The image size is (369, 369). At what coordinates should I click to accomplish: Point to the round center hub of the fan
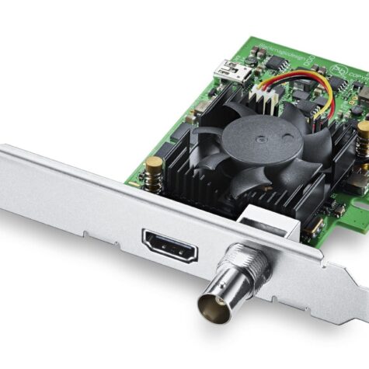pyautogui.click(x=243, y=141)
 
